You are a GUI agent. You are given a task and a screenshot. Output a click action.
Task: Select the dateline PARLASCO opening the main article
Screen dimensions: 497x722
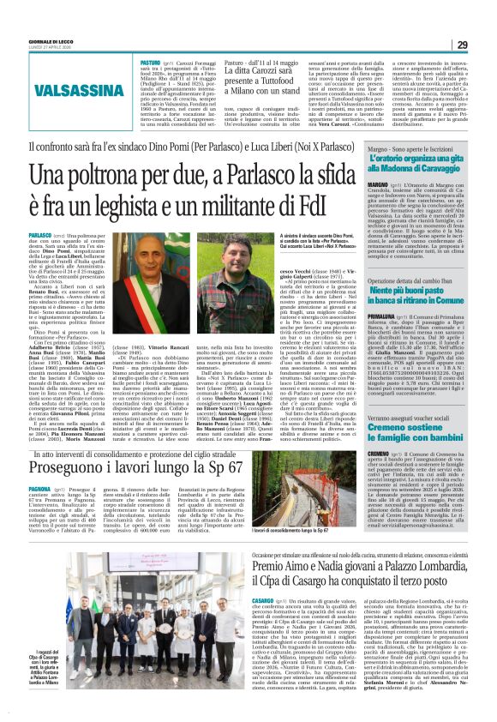[39, 234]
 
